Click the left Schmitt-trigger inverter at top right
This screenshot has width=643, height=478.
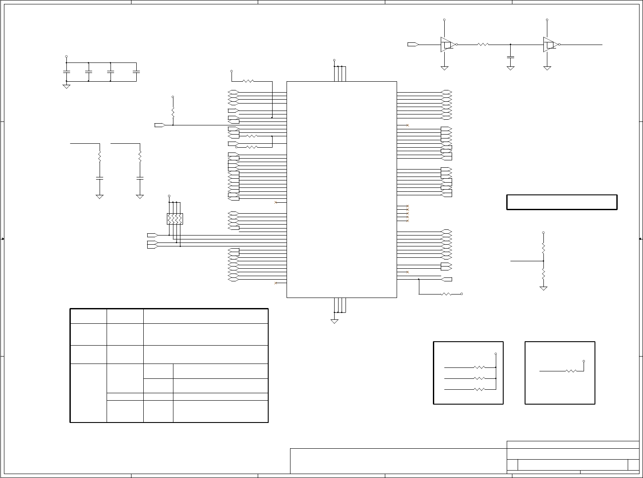(446, 45)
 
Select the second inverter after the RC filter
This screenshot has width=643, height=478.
(550, 45)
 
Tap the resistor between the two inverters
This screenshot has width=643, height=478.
(483, 44)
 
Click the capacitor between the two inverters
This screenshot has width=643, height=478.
(510, 57)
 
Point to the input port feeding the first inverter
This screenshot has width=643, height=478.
(413, 44)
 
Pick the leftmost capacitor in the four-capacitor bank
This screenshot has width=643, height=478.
(66, 71)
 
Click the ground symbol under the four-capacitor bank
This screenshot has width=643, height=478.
(66, 86)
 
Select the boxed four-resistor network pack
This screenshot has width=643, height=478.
(175, 218)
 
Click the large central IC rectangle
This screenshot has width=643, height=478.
(342, 189)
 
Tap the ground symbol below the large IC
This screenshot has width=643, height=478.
(334, 321)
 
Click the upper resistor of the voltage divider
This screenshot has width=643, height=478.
(543, 248)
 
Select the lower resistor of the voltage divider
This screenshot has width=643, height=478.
(543, 274)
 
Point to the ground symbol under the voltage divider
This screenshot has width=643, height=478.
(543, 288)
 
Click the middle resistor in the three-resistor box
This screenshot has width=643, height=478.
(479, 378)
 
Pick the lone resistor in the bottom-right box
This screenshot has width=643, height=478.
(571, 371)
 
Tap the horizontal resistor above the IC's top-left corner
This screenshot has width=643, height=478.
(248, 81)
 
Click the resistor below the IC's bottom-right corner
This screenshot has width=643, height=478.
(446, 294)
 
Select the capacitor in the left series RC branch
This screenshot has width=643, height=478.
(100, 178)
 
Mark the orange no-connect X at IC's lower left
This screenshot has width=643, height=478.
(276, 283)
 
